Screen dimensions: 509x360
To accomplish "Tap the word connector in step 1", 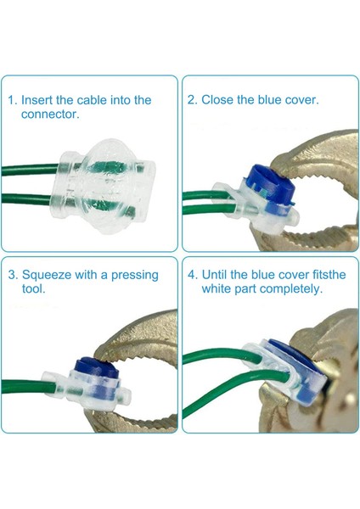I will tap(49, 114).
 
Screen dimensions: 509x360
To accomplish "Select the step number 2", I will tap(193, 100).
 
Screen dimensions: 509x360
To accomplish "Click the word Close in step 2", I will tap(220, 100).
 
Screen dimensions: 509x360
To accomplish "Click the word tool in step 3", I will tap(32, 289).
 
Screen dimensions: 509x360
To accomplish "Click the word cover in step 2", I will tap(300, 100).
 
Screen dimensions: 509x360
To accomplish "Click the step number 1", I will tap(12, 100).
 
